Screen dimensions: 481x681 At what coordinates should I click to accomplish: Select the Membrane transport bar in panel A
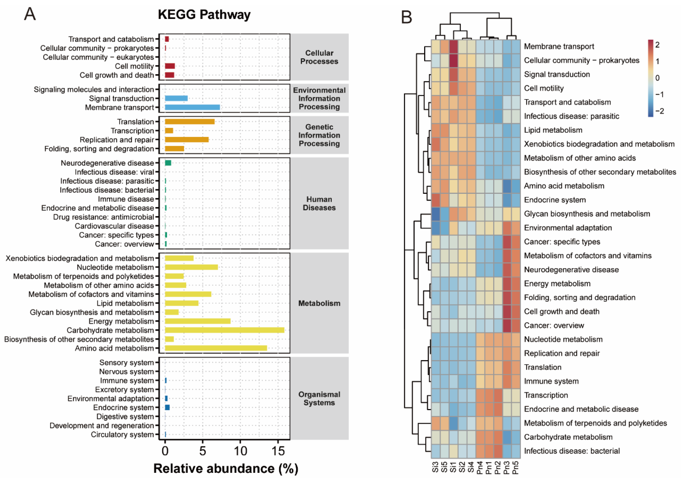point(192,107)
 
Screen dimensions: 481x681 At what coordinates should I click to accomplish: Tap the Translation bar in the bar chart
point(189,122)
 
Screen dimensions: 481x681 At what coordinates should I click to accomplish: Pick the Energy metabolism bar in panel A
point(198,321)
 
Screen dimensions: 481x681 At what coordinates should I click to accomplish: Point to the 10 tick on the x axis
point(240,451)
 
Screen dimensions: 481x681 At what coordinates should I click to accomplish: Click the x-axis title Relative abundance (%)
point(226,469)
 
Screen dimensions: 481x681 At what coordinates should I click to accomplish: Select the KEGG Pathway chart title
point(204,15)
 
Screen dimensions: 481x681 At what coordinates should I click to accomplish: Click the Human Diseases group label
point(319,204)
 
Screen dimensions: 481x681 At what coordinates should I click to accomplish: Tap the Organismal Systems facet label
point(319,399)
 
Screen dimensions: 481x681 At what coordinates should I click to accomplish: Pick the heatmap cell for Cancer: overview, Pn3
point(507,325)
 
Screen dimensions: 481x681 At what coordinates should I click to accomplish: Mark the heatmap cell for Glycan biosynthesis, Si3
point(435,214)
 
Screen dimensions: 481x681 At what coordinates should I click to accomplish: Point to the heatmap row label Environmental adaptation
point(568,228)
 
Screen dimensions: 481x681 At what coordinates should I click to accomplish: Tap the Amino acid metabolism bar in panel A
point(216,348)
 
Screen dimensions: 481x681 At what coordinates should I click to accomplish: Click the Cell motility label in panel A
point(134,66)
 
